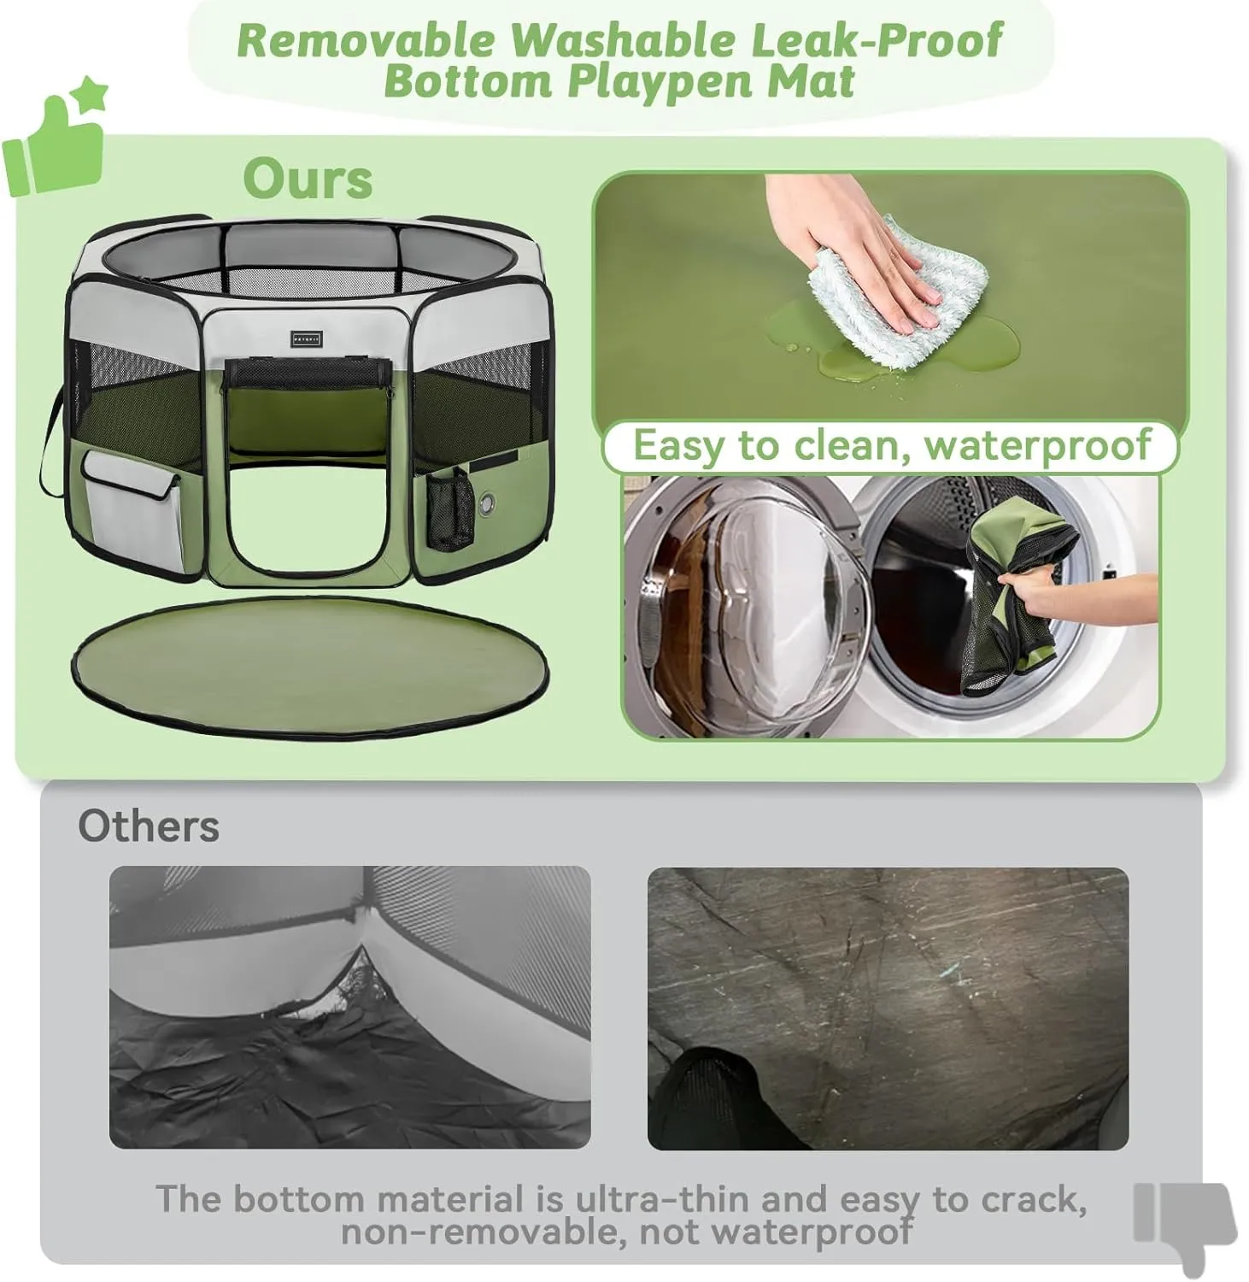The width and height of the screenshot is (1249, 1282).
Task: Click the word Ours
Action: click(x=308, y=179)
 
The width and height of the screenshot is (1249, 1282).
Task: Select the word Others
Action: click(x=149, y=826)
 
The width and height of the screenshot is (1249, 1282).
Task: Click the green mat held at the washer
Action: click(x=1017, y=598)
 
